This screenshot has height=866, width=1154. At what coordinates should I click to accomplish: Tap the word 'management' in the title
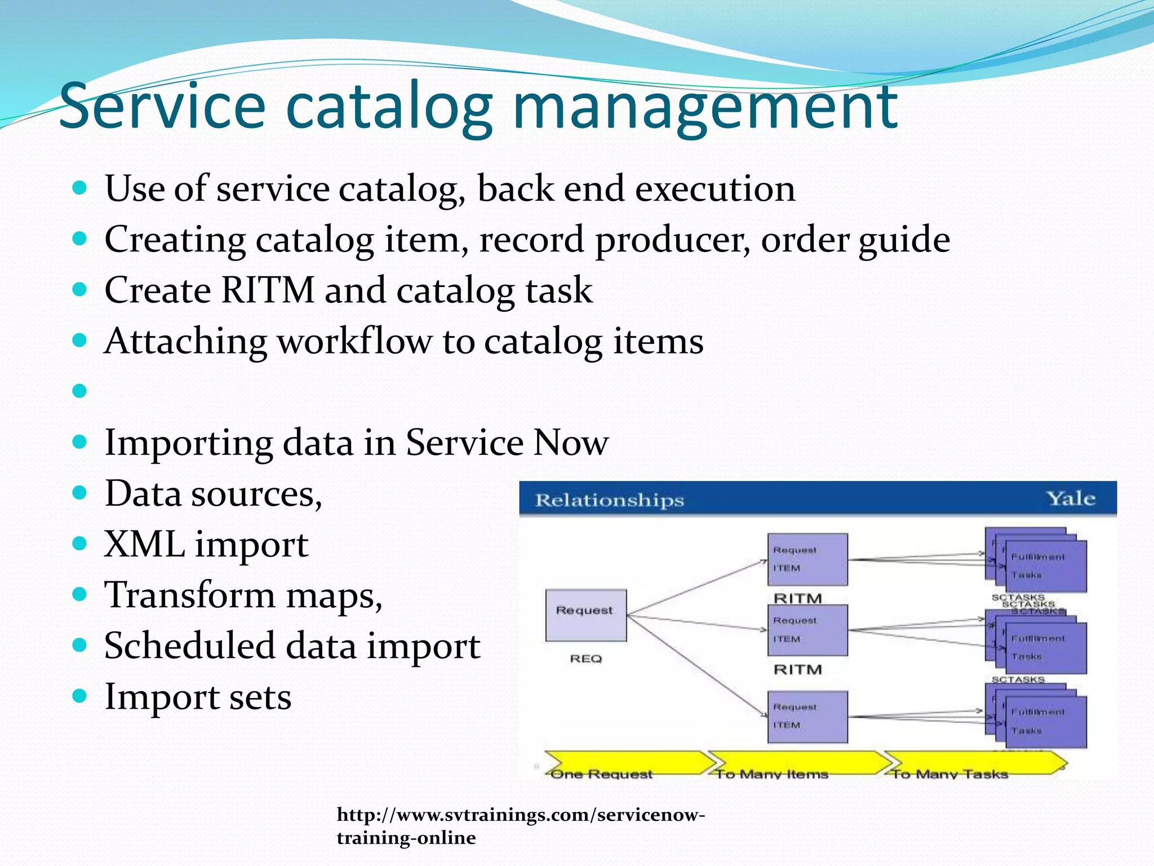[704, 107]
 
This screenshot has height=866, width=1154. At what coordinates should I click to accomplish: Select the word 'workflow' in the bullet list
[355, 342]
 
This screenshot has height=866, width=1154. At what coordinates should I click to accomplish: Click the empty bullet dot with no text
[79, 390]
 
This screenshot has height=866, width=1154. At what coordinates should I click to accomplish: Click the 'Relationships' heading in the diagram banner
[609, 500]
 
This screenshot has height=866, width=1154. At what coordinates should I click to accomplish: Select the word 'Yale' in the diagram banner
[1071, 498]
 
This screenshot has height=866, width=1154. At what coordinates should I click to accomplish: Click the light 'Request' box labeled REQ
[586, 615]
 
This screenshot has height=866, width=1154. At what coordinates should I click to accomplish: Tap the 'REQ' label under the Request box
[586, 659]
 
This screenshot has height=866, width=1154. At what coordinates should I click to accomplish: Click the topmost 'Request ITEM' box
[807, 559]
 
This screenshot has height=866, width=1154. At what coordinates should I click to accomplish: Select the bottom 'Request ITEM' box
[807, 717]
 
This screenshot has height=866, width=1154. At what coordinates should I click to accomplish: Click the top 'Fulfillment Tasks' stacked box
[1045, 565]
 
